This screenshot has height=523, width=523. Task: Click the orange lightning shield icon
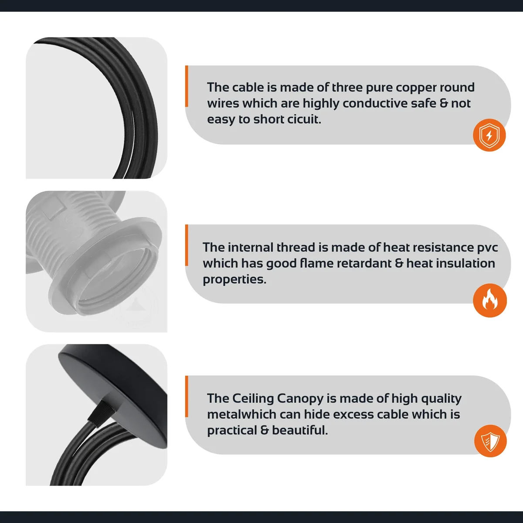[x=489, y=135]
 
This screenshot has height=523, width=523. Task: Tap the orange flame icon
[x=489, y=300]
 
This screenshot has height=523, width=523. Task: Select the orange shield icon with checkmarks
[x=490, y=441]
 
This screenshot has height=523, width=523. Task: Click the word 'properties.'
[x=234, y=280]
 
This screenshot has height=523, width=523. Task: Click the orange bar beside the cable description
[x=187, y=86]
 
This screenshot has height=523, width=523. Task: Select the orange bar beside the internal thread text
[x=187, y=245]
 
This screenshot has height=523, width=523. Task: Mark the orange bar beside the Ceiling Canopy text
[x=187, y=396]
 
